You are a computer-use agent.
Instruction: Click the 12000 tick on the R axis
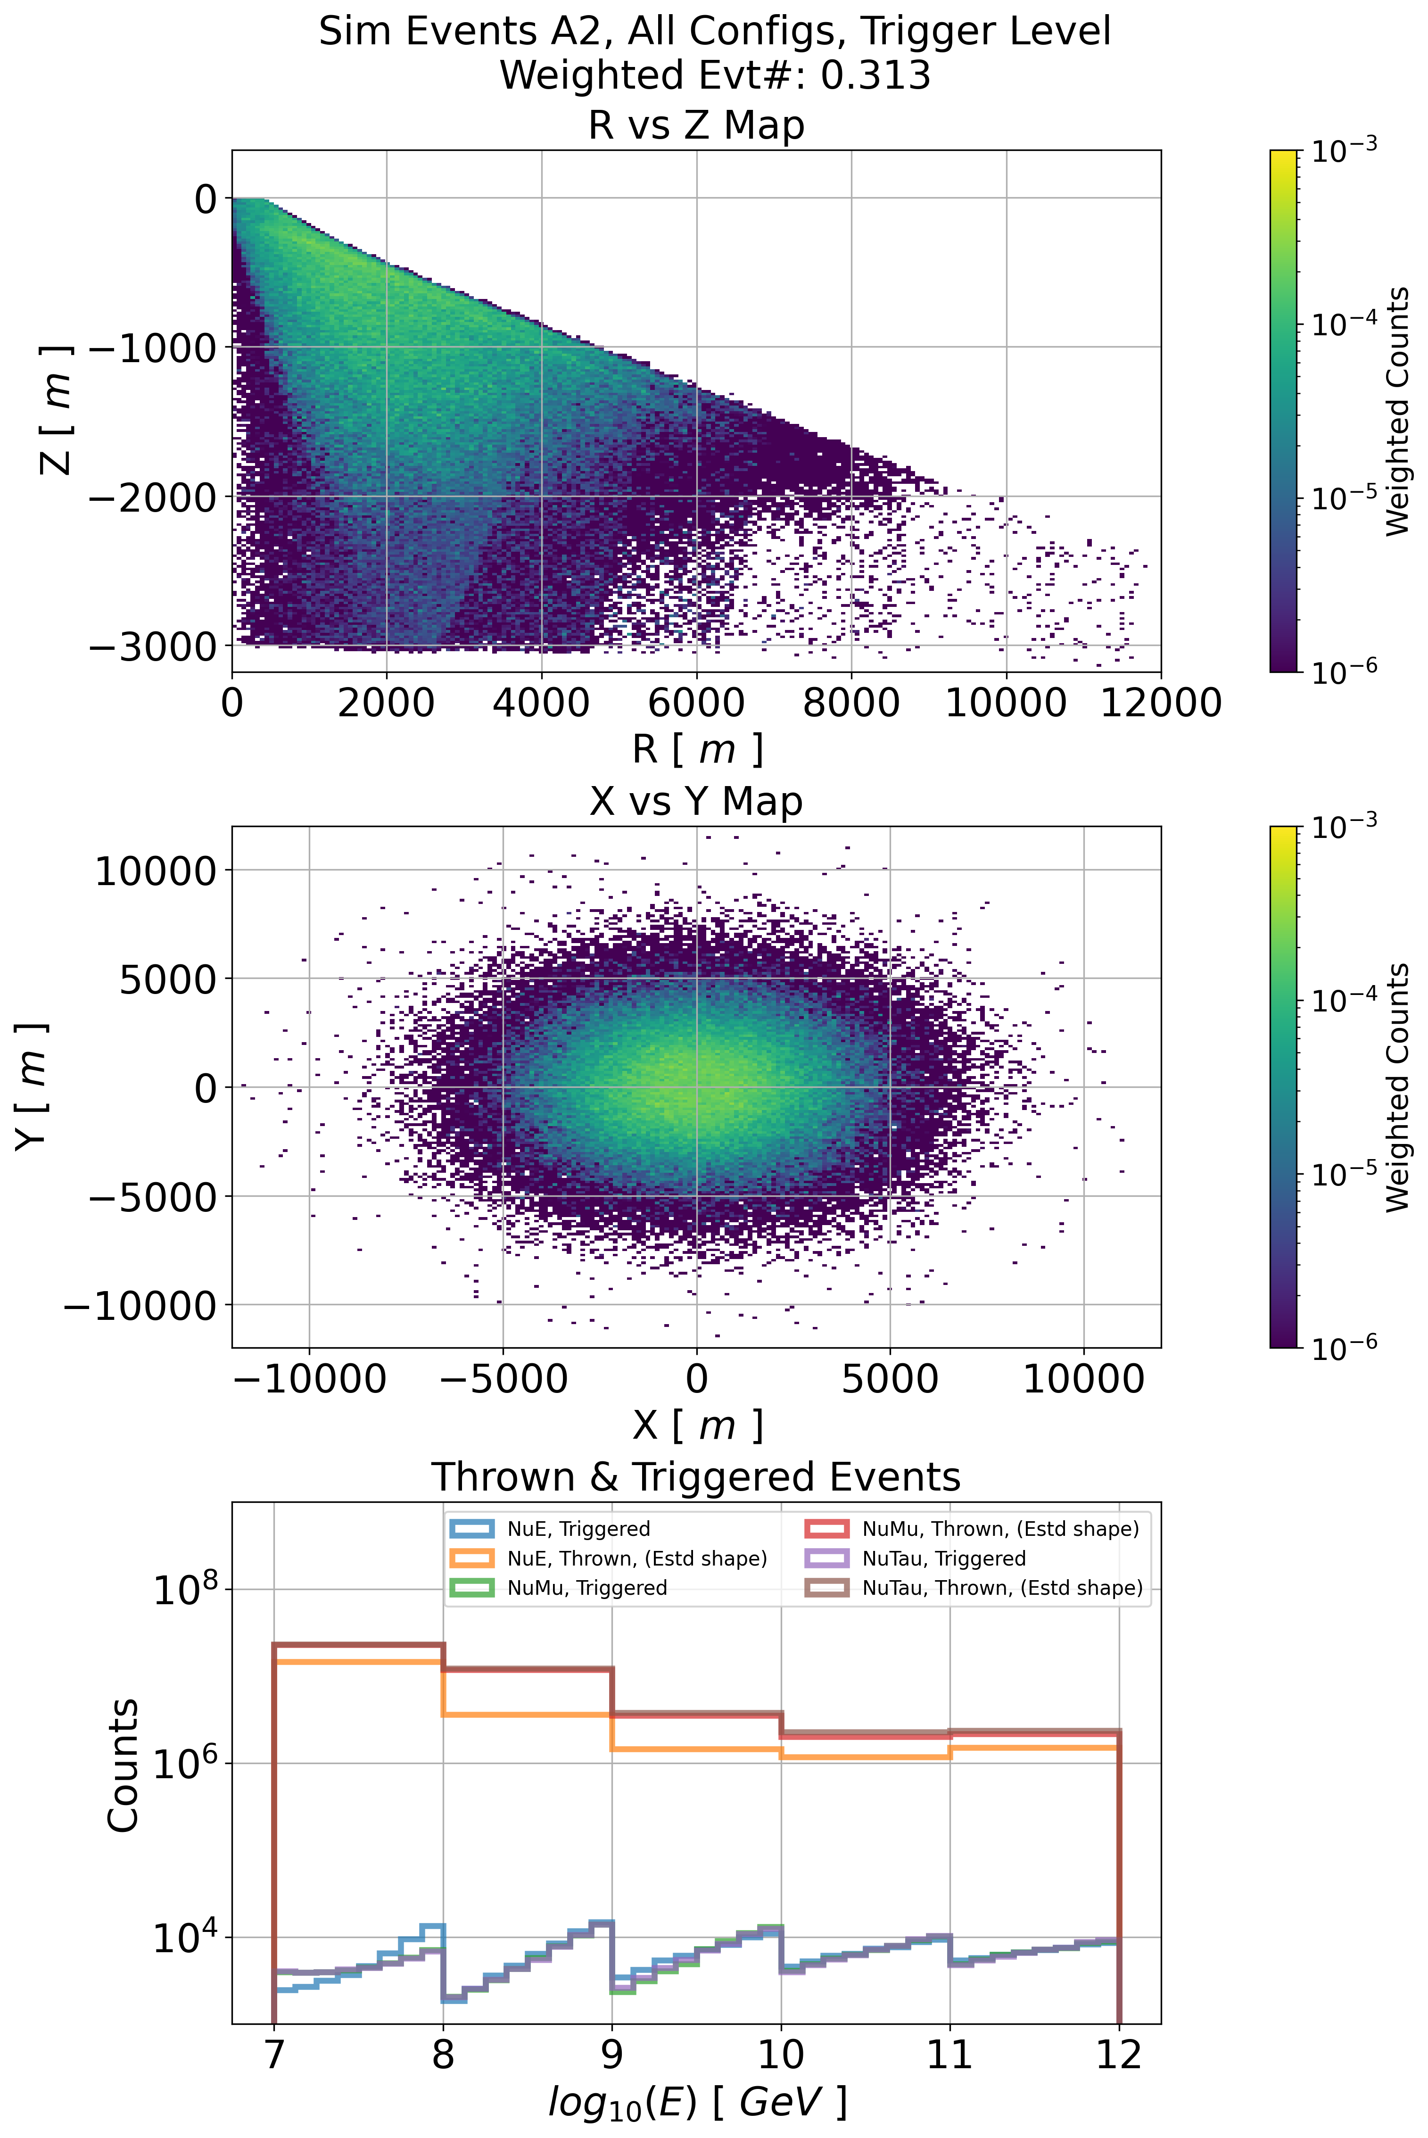[x=1160, y=703]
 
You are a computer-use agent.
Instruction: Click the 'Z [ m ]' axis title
[x=55, y=410]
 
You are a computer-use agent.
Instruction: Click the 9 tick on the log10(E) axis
[x=612, y=2054]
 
